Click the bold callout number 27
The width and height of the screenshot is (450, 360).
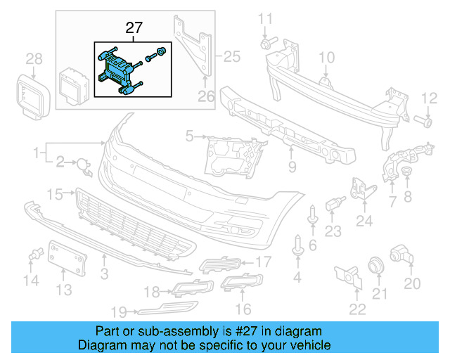[134, 28]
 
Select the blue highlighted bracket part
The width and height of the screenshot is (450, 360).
[116, 70]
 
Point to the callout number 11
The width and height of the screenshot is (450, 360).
[266, 18]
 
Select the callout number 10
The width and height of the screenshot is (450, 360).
[328, 57]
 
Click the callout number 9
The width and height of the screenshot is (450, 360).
[292, 168]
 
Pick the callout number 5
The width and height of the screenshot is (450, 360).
[189, 134]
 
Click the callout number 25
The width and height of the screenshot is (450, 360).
[231, 53]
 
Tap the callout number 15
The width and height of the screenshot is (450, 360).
[56, 193]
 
